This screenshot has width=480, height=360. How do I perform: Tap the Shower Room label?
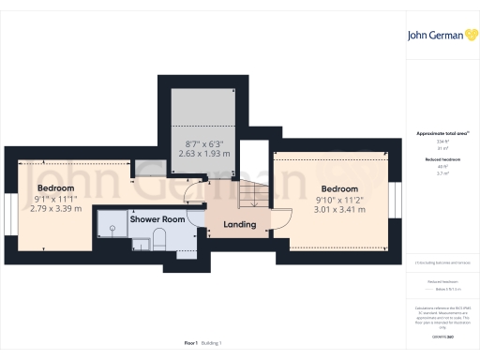(157, 219)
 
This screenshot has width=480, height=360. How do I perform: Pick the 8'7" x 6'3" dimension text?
(204, 142)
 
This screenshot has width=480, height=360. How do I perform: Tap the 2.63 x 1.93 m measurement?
(204, 153)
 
